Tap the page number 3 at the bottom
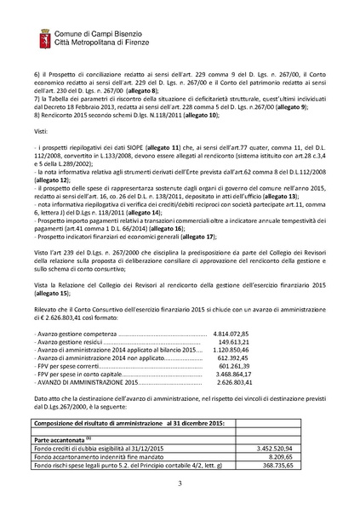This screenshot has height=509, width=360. [180, 483]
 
